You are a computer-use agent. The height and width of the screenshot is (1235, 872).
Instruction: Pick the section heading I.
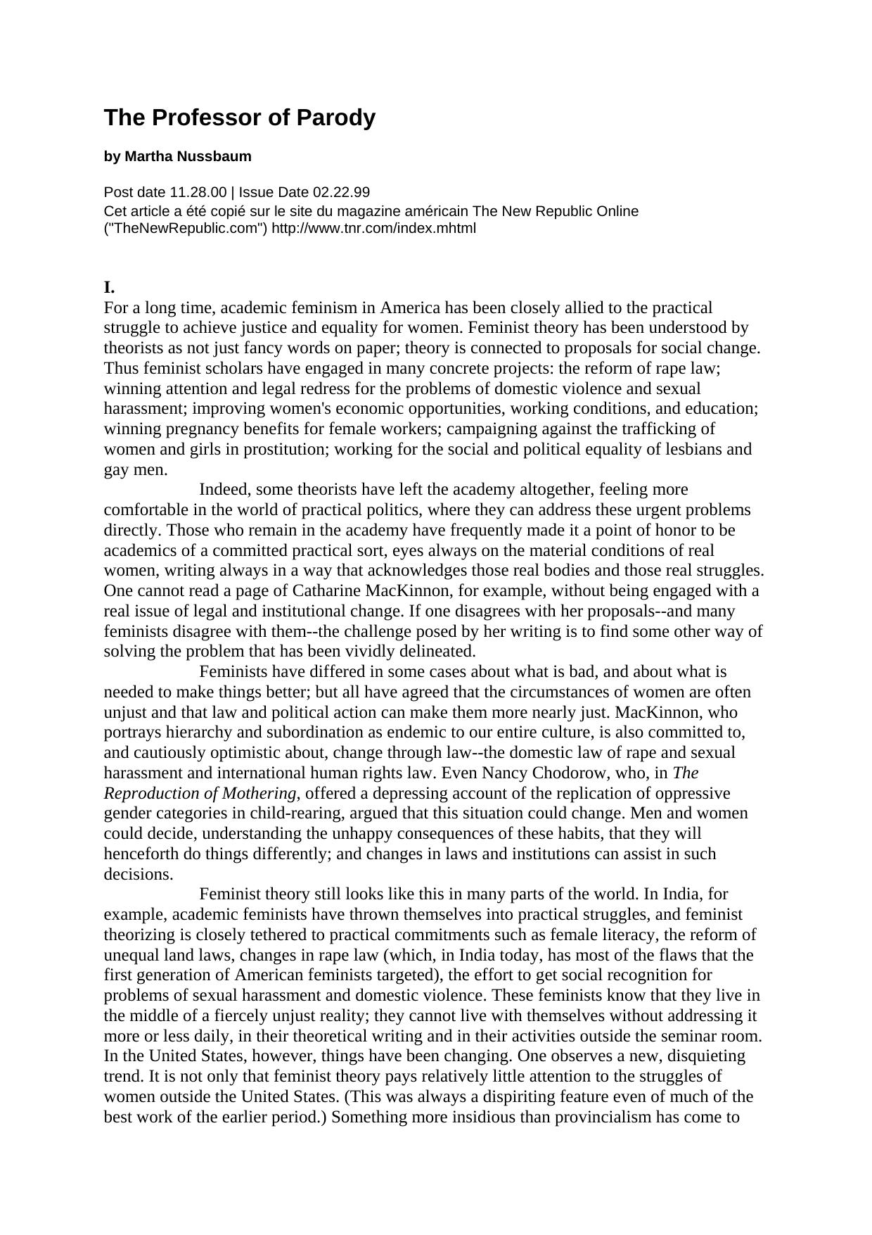(x=109, y=287)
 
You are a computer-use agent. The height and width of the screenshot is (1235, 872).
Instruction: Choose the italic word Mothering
(x=259, y=793)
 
